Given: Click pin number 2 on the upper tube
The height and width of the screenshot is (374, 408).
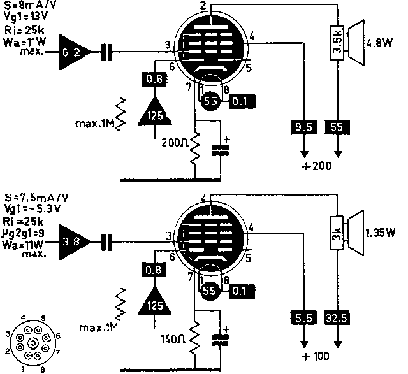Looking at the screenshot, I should click(x=202, y=5).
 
